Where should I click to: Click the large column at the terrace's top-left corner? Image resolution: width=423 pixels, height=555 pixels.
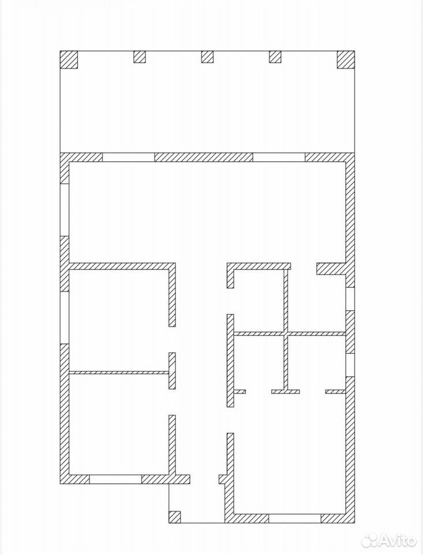pyautogui.click(x=69, y=60)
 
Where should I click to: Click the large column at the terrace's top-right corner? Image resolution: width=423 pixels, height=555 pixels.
pyautogui.click(x=346, y=60)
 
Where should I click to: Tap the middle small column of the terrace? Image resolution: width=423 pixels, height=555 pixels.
pyautogui.click(x=207, y=57)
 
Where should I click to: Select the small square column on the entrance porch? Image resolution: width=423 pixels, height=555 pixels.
pyautogui.click(x=175, y=517)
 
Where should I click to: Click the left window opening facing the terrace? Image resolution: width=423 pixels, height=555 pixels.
pyautogui.click(x=129, y=157)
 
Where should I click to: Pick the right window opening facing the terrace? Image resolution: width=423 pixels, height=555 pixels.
pyautogui.click(x=279, y=157)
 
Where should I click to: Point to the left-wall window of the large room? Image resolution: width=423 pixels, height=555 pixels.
pyautogui.click(x=64, y=209)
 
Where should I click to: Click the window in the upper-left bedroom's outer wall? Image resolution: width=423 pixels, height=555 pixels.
pyautogui.click(x=64, y=317)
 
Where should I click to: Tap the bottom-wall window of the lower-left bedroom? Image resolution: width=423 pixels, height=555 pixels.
pyautogui.click(x=115, y=479)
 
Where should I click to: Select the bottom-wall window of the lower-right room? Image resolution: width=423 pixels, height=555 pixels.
pyautogui.click(x=295, y=518)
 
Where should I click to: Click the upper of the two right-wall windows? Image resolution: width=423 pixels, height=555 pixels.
pyautogui.click(x=350, y=299)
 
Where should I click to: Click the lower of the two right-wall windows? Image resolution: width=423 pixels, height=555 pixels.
pyautogui.click(x=350, y=365)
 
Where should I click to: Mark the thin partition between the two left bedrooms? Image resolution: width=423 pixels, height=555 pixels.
pyautogui.click(x=119, y=372)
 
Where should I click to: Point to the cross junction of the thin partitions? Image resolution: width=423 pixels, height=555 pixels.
pyautogui.click(x=286, y=334)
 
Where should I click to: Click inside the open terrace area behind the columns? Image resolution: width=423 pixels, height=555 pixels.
pyautogui.click(x=207, y=110)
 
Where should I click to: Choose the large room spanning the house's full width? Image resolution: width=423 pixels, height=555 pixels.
pyautogui.click(x=207, y=212)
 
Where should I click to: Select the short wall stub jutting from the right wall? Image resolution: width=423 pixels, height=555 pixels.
pyautogui.click(x=331, y=269)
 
